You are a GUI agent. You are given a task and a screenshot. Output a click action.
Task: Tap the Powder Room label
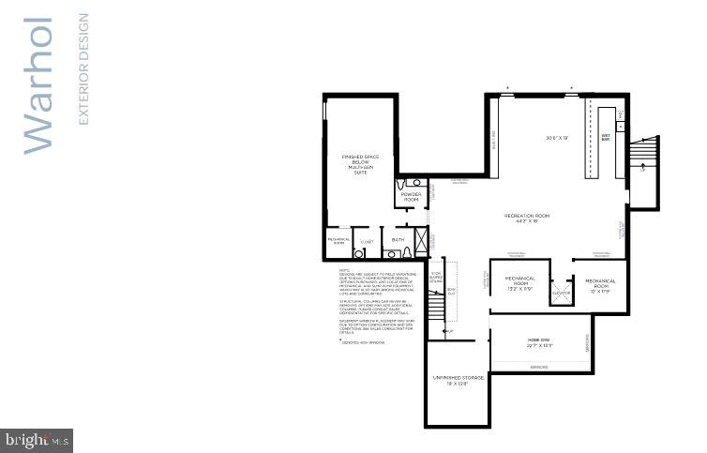411,197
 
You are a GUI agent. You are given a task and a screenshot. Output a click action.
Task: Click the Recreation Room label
526,218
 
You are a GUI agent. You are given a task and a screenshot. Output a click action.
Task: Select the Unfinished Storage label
458,380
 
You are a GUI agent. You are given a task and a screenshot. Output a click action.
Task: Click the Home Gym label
539,342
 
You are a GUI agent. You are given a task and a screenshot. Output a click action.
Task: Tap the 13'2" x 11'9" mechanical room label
519,282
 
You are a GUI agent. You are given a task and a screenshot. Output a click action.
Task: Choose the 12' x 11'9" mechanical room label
600,284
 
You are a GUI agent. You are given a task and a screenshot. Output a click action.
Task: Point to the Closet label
367,241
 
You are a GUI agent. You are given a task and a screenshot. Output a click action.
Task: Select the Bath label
398,239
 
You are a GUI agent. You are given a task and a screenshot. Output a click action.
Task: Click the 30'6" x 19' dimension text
558,138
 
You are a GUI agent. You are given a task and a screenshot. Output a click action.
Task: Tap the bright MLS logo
37,439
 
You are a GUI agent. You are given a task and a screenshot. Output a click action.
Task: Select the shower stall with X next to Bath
420,242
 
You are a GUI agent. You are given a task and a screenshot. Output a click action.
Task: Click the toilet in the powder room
403,185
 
